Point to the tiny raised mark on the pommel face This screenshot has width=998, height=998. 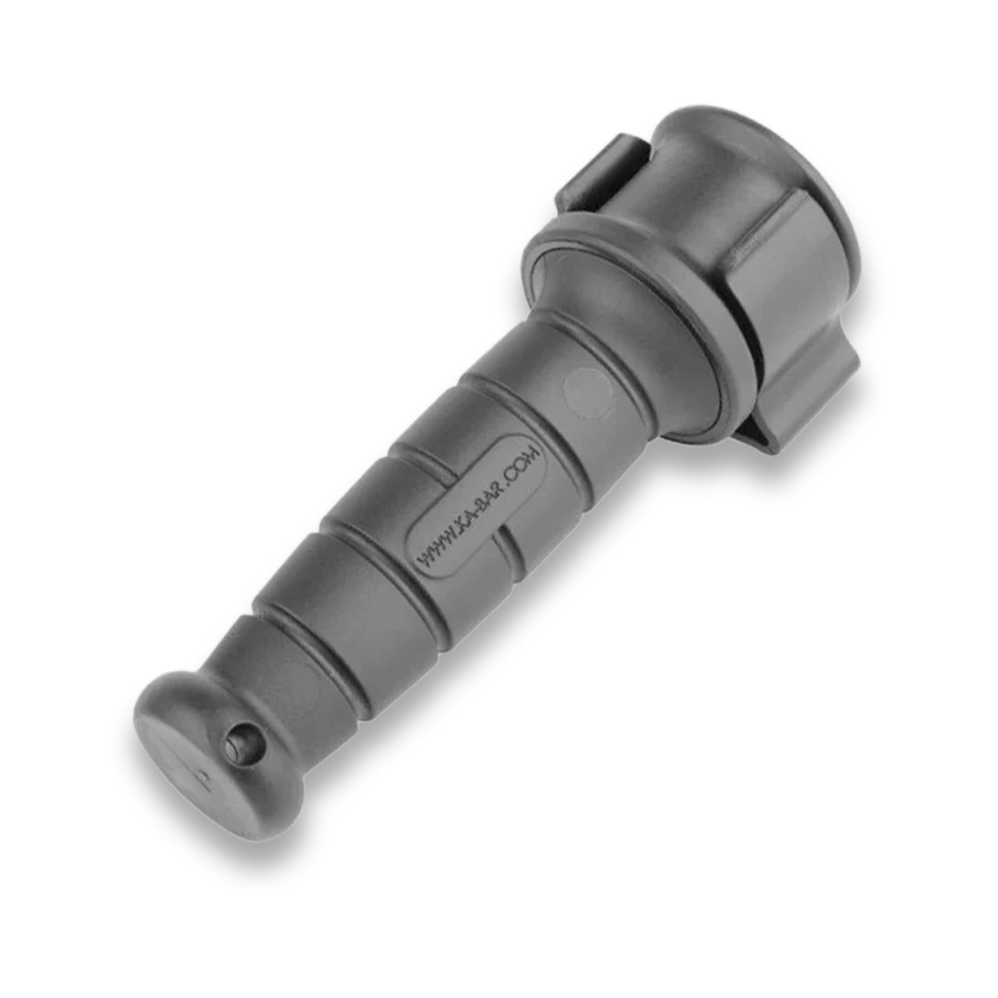click(202, 776)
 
